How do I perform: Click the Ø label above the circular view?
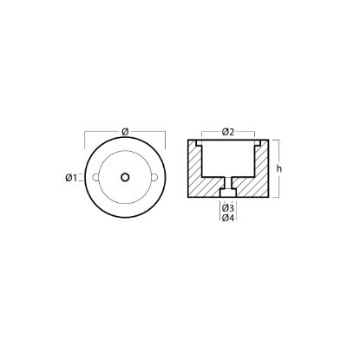click(127, 130)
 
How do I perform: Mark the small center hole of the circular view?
click(127, 177)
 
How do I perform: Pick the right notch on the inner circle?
click(155, 177)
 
